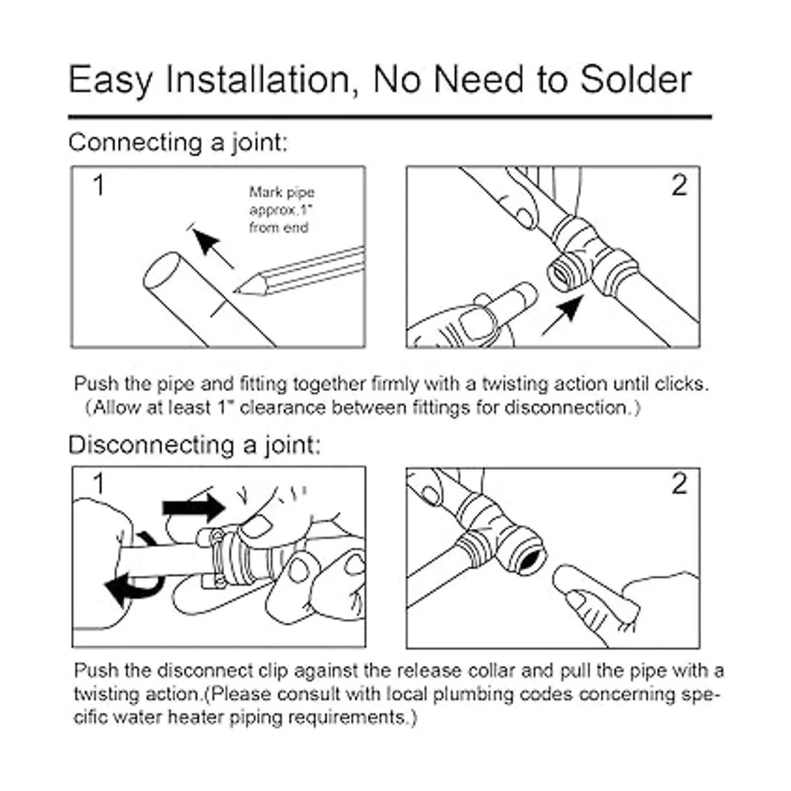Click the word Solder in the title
click(636, 80)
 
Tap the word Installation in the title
click(258, 80)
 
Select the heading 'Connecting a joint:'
click(178, 143)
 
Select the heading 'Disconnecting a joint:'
click(194, 445)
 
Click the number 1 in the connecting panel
click(99, 185)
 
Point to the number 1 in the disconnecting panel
click(99, 483)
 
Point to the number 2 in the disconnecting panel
click(680, 484)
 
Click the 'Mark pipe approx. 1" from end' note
click(281, 210)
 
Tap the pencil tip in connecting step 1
click(235, 292)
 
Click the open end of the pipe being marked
click(162, 272)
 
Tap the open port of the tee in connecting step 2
click(561, 276)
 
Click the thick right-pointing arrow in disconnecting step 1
click(194, 508)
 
